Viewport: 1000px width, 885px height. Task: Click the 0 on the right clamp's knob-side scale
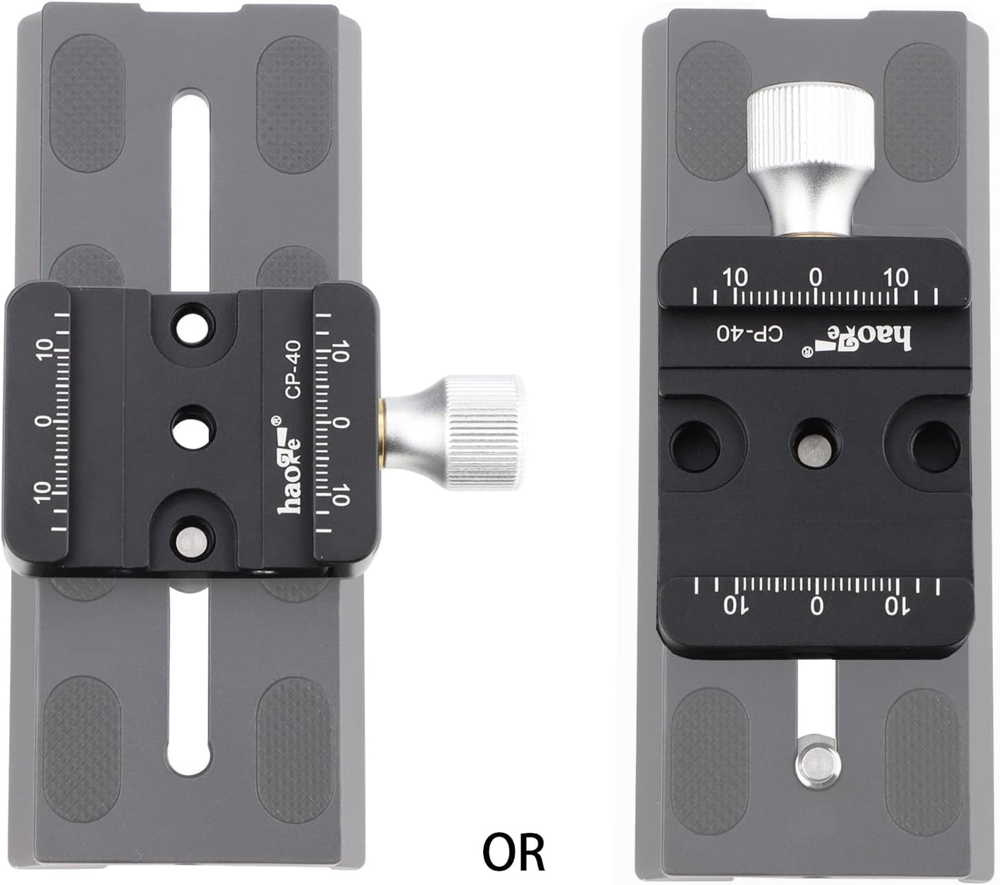[x=817, y=278]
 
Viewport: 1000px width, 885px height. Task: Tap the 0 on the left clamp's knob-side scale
[x=339, y=423]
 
